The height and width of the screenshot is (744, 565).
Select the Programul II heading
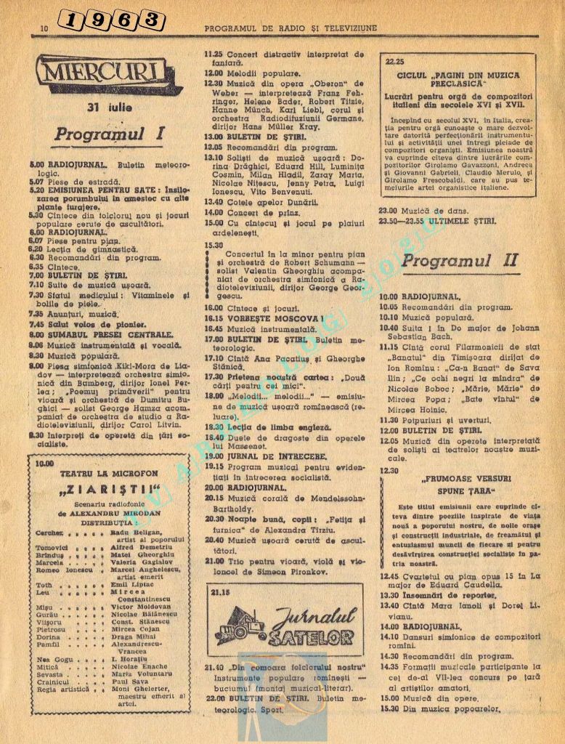coord(459,261)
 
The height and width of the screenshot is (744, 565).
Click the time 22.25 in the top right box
coord(395,63)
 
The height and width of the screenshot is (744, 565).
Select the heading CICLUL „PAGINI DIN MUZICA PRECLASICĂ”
coord(458,79)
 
